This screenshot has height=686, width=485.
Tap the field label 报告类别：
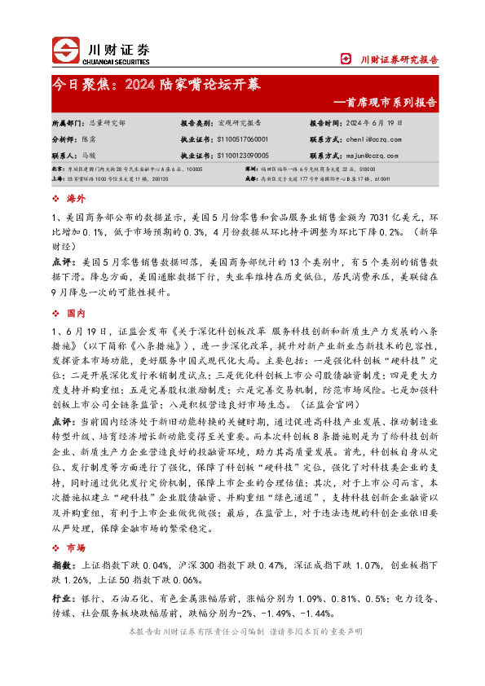click(x=196, y=122)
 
